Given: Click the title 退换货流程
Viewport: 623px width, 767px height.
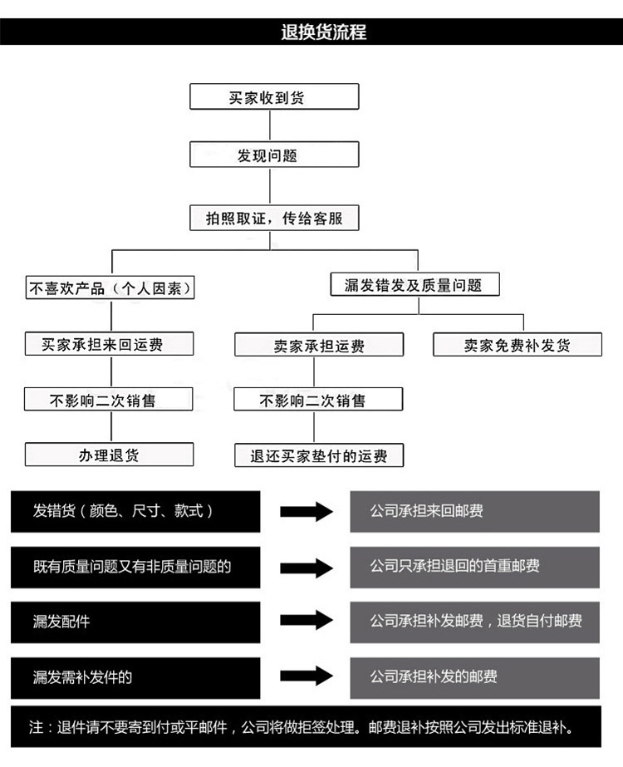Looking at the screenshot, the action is coord(323,32).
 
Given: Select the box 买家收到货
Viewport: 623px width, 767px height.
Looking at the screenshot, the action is coord(274,96).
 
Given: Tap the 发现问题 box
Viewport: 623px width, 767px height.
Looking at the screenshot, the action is coord(274,155).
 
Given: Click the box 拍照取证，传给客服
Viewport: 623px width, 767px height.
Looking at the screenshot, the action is coord(274,218).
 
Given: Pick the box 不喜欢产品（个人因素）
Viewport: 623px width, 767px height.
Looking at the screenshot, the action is coord(110,288).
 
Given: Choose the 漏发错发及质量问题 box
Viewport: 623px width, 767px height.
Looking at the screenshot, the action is coord(415,284).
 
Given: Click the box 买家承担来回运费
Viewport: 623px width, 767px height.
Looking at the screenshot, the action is coord(109,344).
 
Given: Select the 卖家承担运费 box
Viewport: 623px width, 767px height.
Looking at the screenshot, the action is coord(319,345).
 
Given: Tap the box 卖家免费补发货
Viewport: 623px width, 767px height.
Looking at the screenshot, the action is coord(518,345).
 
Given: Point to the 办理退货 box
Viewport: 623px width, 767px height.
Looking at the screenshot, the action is coord(109,455).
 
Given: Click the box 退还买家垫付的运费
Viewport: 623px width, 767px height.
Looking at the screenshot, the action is coord(319,455).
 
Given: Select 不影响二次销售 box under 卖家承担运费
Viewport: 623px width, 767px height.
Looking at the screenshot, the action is coord(318,399).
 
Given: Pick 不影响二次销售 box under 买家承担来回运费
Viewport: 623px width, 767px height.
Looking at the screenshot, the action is coord(108,399).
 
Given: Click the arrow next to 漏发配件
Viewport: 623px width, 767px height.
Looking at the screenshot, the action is coord(307,621).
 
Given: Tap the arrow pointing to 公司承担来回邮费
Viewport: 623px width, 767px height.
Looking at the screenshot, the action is coord(307,511).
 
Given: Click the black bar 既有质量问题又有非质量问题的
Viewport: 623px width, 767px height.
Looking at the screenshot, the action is coord(135,568).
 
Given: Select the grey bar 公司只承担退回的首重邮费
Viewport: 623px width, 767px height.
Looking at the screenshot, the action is coord(475,568).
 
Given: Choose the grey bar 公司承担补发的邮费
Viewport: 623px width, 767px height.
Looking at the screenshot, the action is coord(475,678).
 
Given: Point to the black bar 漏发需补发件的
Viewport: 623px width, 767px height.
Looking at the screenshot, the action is coord(135,678).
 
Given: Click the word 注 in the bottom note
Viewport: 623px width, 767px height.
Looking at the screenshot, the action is coord(37,727).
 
